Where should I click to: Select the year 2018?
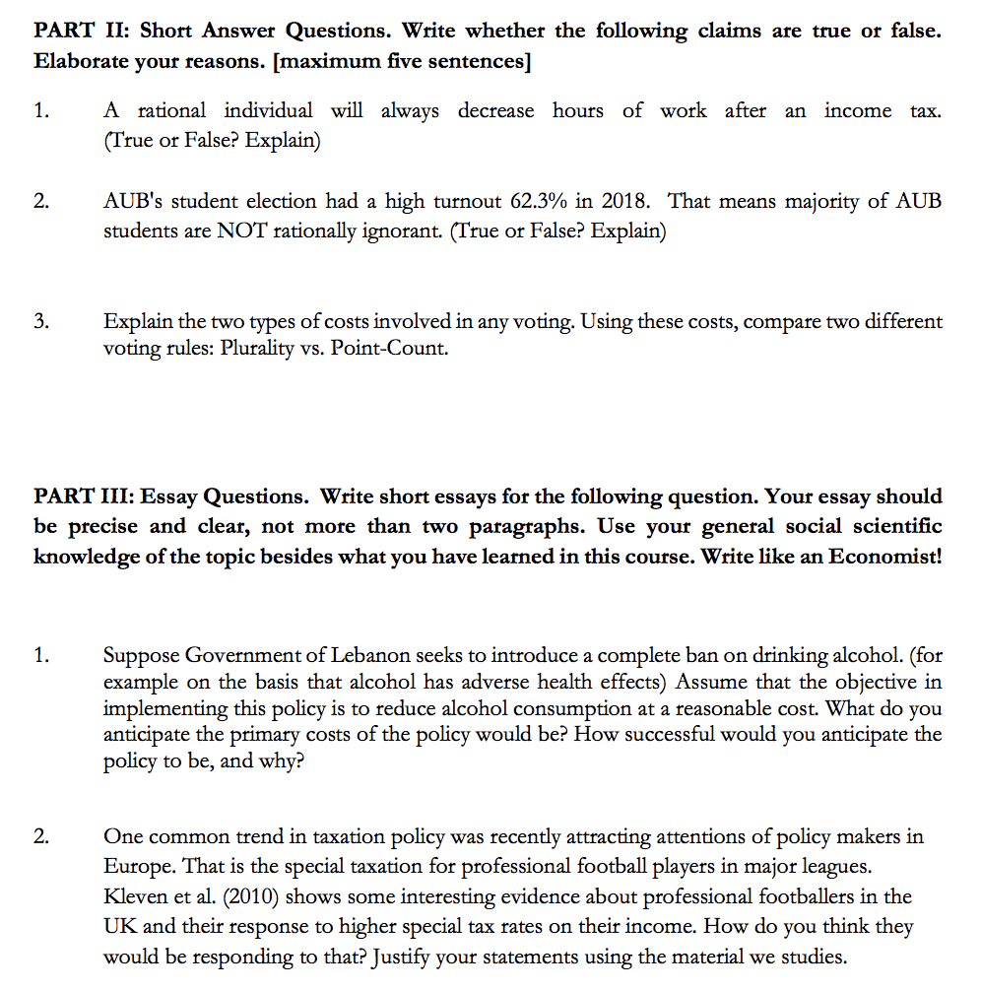[624, 202]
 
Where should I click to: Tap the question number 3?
[39, 322]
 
